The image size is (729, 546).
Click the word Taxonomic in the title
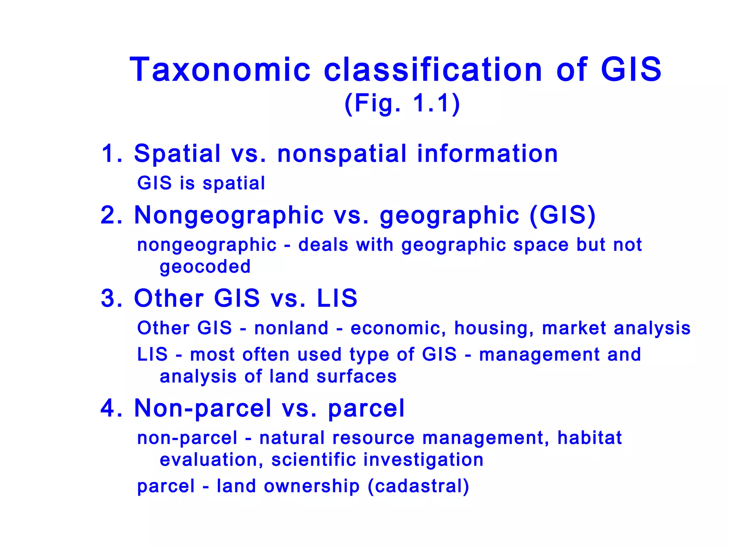pyautogui.click(x=220, y=70)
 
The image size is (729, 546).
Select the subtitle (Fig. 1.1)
pyautogui.click(x=402, y=103)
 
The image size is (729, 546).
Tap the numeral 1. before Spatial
pyautogui.click(x=112, y=154)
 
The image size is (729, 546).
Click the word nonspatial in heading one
pyautogui.click(x=342, y=154)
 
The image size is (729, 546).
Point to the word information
pyautogui.click(x=487, y=154)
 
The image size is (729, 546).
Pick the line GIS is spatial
pyautogui.click(x=201, y=183)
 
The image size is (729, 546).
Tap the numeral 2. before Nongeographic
pyautogui.click(x=112, y=215)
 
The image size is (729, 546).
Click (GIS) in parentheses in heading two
pyautogui.click(x=562, y=215)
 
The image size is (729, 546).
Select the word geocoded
pyautogui.click(x=205, y=267)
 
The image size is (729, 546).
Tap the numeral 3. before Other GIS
pyautogui.click(x=112, y=298)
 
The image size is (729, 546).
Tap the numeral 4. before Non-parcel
pyautogui.click(x=112, y=408)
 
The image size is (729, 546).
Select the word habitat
pyautogui.click(x=589, y=438)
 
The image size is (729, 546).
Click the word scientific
pyautogui.click(x=314, y=460)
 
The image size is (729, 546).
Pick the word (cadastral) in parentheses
pyautogui.click(x=418, y=486)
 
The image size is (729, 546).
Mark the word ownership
pyautogui.click(x=311, y=486)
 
